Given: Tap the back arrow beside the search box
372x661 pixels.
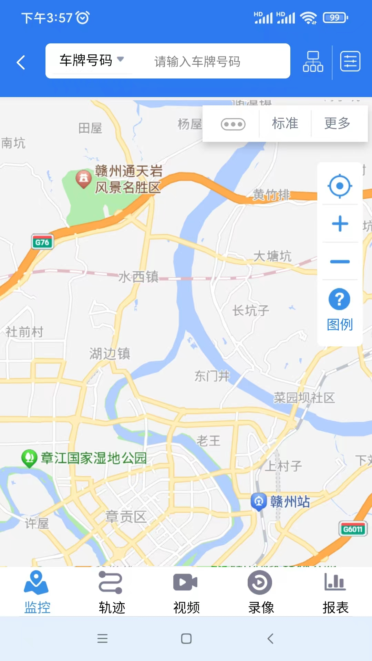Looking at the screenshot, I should [x=21, y=62].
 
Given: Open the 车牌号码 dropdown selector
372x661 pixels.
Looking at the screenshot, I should [x=91, y=60].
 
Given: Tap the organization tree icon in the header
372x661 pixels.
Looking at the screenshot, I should [x=313, y=62].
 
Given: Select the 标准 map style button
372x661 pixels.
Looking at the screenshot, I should [x=285, y=123].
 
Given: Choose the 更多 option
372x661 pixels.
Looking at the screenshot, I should [x=337, y=123].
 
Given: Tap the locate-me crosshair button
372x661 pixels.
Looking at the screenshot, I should [x=340, y=186].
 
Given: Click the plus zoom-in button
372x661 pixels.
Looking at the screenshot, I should [x=340, y=224].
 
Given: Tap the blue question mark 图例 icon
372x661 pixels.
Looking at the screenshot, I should [x=339, y=299].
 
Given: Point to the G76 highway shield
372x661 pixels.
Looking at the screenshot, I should [x=42, y=242].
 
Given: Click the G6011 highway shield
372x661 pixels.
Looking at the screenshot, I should [x=353, y=529].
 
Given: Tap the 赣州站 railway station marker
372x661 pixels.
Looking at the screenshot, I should [x=259, y=502].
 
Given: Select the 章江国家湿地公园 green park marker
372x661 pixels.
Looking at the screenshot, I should [x=29, y=458].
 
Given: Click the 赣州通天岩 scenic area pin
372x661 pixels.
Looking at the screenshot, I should [x=83, y=178].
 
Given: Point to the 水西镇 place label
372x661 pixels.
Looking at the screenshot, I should [x=138, y=276].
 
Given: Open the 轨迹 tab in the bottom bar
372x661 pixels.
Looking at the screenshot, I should [x=112, y=592].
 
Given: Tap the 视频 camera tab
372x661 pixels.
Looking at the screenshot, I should [x=186, y=592].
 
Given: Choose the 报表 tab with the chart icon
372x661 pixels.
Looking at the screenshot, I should [x=335, y=592].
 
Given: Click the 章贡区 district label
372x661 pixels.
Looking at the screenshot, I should [x=126, y=517].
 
